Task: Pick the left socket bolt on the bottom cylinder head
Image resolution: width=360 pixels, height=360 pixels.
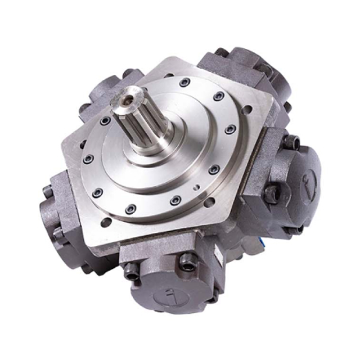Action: click(x=130, y=270)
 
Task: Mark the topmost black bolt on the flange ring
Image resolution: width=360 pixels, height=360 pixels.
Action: click(x=183, y=83)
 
